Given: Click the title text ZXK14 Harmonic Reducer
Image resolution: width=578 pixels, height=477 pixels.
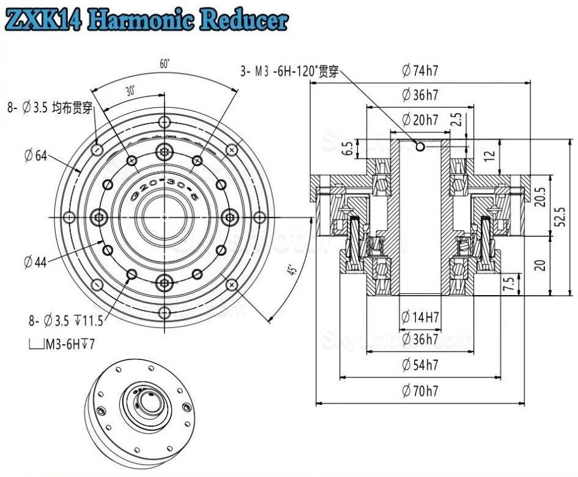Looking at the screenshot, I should point(146,21).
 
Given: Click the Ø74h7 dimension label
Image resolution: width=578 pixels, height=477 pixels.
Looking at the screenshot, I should point(420,71).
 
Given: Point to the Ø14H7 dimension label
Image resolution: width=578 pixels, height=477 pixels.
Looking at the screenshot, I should point(420,317).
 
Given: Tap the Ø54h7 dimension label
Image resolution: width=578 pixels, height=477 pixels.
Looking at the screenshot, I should point(420,365).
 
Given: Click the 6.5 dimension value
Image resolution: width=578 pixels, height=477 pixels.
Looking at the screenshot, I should point(347,148).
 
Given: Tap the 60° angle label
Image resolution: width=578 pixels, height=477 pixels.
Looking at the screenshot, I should point(164,64).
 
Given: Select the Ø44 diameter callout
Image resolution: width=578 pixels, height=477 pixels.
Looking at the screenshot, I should point(35,262).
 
